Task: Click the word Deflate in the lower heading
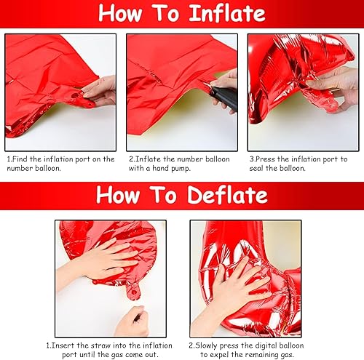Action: click(223, 195)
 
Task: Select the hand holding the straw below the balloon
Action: click(131, 320)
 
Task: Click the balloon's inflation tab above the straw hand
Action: click(132, 293)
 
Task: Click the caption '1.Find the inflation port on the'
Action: click(60, 158)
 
